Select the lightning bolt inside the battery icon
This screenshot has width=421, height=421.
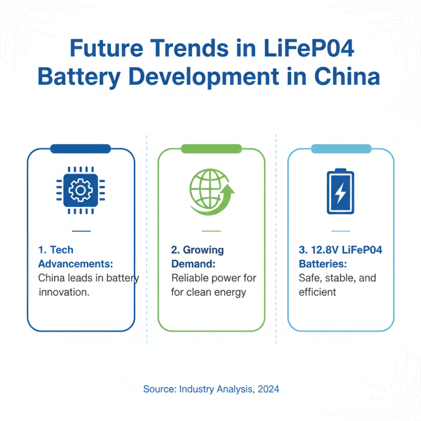click(340, 194)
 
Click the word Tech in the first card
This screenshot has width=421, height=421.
click(62, 250)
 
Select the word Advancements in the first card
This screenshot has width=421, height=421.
click(75, 263)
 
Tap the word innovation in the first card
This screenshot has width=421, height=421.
click(64, 292)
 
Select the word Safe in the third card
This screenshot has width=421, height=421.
click(309, 277)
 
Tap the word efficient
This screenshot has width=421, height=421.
click(317, 292)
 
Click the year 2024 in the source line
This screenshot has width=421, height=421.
click(268, 389)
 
